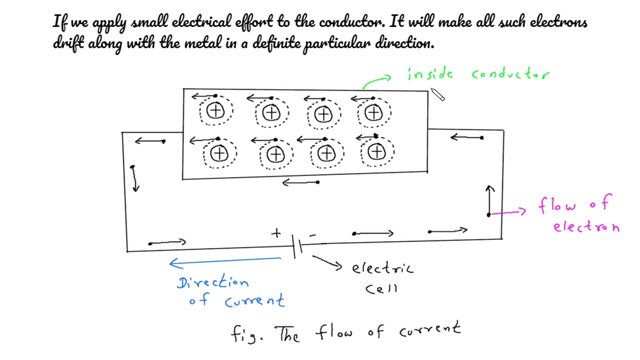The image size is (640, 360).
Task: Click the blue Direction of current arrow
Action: coord(225,260)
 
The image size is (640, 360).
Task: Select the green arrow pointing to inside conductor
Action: coord(376,81)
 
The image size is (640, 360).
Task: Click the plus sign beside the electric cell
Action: coord(276,233)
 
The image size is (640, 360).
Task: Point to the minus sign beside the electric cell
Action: coord(313,234)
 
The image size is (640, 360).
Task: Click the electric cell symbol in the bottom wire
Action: coord(297,246)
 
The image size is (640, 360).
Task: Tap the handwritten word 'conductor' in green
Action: coord(510,74)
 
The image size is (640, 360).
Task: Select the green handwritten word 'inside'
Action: coord(430,74)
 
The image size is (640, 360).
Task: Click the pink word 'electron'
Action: coord(586,226)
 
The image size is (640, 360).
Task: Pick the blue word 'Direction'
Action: coord(212,282)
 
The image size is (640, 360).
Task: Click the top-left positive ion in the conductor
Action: coord(215,111)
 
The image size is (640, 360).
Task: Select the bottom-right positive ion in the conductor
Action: coord(376,152)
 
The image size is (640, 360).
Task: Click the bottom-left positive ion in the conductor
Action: coord(218,153)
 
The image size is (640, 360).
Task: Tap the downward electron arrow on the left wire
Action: coord(134,178)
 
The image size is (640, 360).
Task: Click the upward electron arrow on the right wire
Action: coord(490,200)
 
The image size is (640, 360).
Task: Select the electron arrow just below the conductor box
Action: coord(300,183)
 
